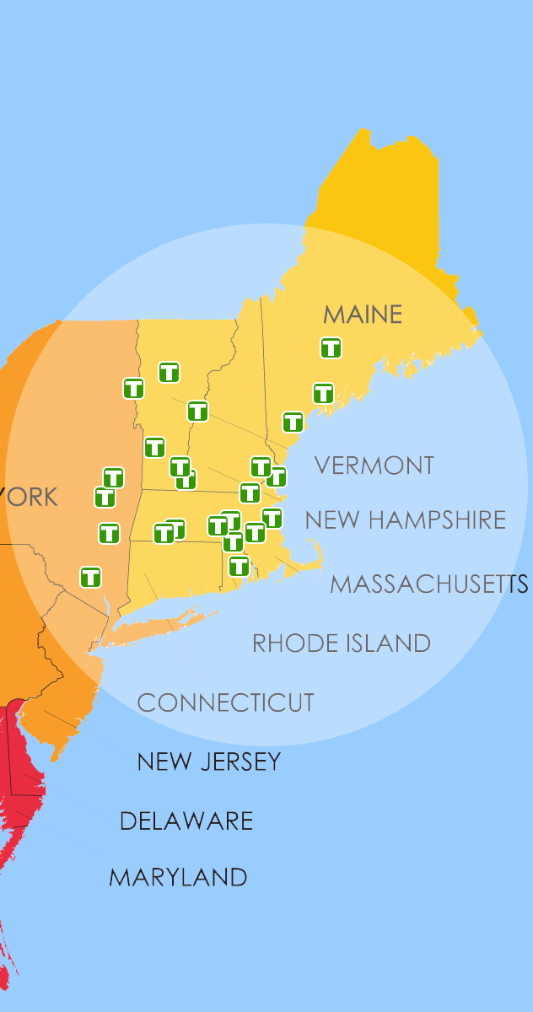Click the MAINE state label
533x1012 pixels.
(363, 315)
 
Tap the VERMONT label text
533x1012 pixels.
(374, 466)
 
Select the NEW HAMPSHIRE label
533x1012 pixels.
(405, 519)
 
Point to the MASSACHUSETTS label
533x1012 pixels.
(428, 584)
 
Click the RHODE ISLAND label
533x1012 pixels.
(342, 643)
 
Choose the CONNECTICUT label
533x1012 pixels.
(225, 702)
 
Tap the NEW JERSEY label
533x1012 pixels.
(208, 762)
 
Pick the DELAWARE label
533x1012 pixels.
(186, 821)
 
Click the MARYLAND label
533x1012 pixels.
(178, 877)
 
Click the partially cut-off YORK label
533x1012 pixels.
(30, 497)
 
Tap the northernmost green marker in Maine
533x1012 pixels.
(331, 347)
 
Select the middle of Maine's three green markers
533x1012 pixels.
(323, 393)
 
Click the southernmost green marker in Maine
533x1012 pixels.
(293, 422)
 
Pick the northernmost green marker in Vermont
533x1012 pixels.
(169, 372)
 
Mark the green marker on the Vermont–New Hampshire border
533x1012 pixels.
(197, 412)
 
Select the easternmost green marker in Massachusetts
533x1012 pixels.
(272, 518)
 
